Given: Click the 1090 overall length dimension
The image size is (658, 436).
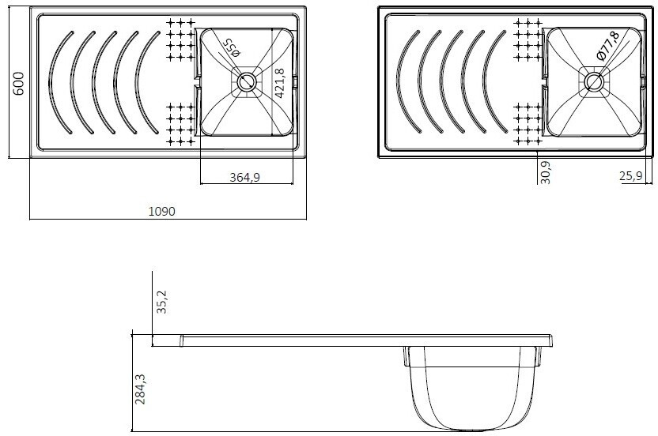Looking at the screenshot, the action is tap(162, 211).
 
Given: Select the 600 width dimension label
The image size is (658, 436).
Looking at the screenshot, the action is tap(18, 84).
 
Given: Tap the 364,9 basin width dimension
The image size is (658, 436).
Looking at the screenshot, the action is tap(244, 178).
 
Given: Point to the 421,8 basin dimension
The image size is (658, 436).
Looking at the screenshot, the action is tap(280, 83).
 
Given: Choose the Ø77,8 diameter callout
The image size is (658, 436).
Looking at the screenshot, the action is tap(607, 46).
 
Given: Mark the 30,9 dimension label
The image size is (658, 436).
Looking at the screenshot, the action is tap(546, 172).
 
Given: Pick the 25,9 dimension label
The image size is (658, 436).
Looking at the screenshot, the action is tap(631, 176).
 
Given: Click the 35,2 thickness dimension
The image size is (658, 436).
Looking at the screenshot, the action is tap(161, 302).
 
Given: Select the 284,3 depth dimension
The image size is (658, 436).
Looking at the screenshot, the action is tap(140, 389).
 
